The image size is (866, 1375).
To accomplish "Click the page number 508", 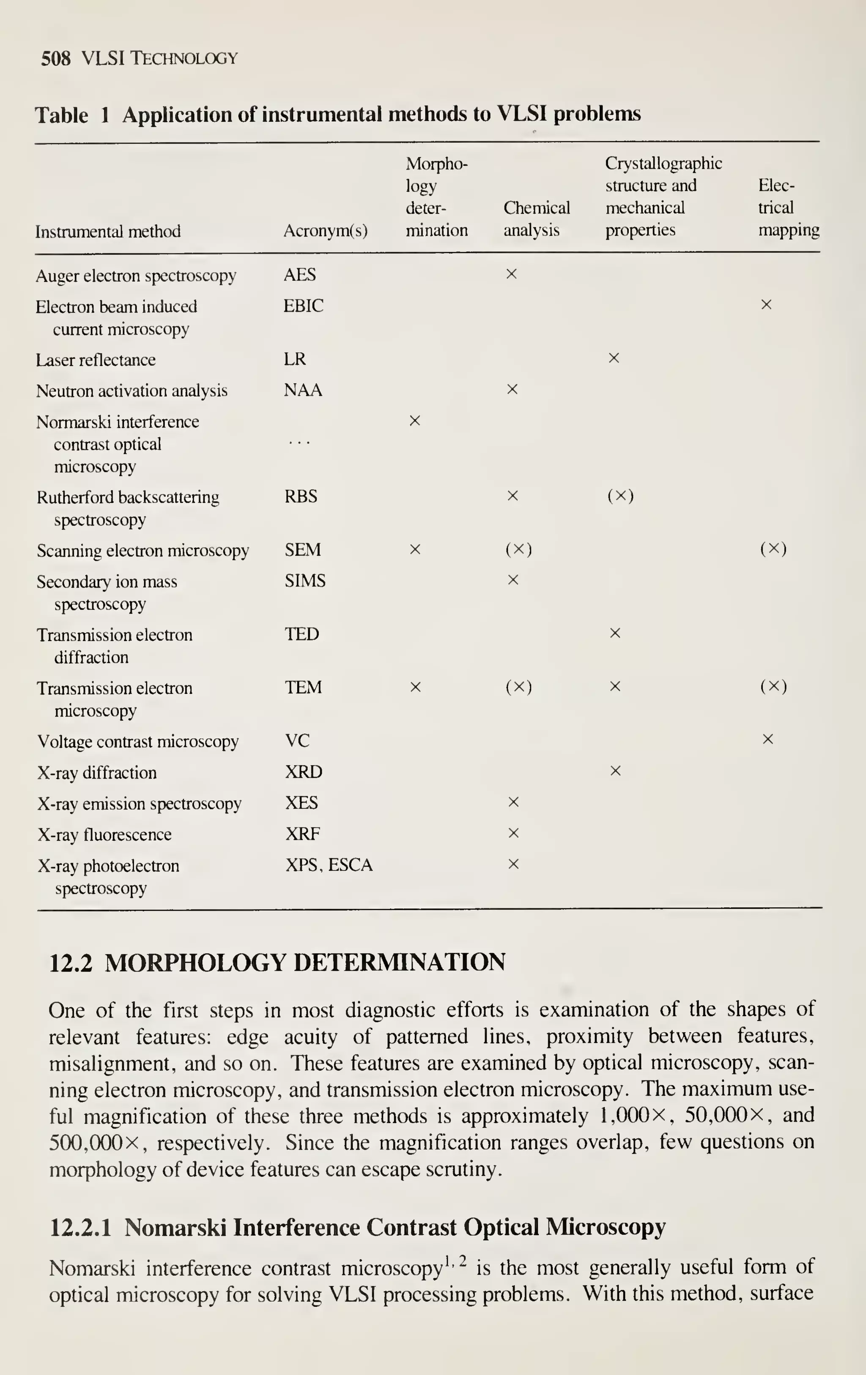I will click(x=55, y=58).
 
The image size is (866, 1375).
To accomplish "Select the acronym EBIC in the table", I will click(x=303, y=306).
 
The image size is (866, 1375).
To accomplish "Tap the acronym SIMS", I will click(x=305, y=581).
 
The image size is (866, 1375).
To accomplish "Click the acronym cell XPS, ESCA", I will click(x=329, y=865).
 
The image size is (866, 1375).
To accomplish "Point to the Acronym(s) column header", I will click(x=325, y=231).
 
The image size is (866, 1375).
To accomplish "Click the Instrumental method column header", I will click(x=108, y=231).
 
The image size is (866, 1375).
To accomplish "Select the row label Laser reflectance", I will click(x=96, y=360).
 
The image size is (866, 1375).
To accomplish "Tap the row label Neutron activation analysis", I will click(x=132, y=390).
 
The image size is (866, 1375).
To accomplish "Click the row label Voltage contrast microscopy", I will click(x=138, y=741).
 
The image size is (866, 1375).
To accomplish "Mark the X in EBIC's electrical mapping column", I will click(x=767, y=305).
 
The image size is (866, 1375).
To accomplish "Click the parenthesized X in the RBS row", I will click(x=620, y=496).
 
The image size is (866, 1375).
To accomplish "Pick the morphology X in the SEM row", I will click(x=415, y=549).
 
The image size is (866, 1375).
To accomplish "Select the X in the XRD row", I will click(x=615, y=771).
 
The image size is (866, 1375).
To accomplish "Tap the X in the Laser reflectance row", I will click(x=614, y=358).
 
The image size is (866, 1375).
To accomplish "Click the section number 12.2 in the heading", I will click(x=70, y=963).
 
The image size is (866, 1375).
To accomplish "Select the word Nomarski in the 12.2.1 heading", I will click(x=175, y=1227).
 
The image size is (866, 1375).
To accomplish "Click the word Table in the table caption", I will click(x=62, y=115).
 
